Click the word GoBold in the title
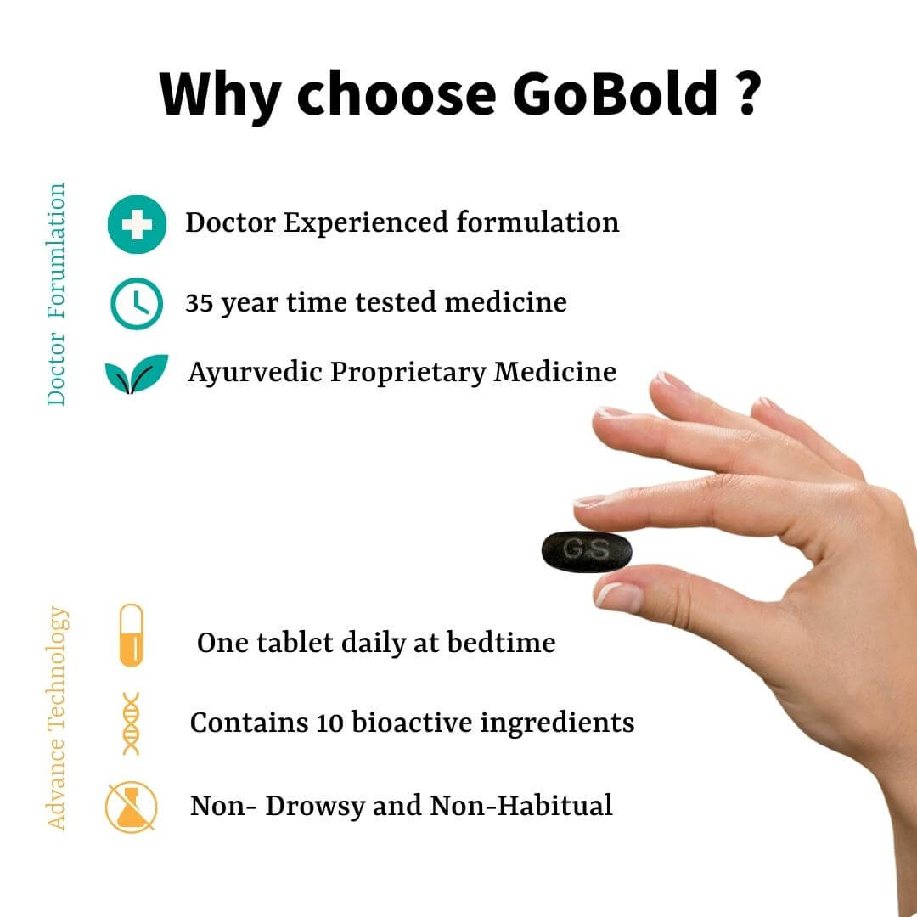[x=615, y=93]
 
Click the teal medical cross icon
[x=137, y=224]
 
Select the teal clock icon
[x=137, y=303]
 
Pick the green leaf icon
[x=136, y=373]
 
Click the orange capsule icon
[x=131, y=635]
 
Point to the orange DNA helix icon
[x=131, y=723]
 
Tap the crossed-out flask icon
[x=131, y=807]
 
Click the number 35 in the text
[x=200, y=303]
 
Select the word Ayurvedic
[x=255, y=373]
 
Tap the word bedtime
[x=501, y=643]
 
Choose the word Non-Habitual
[x=521, y=805]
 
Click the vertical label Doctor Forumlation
[x=55, y=294]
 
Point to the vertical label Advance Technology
[x=57, y=718]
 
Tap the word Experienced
[x=366, y=223]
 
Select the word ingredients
[x=557, y=724]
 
